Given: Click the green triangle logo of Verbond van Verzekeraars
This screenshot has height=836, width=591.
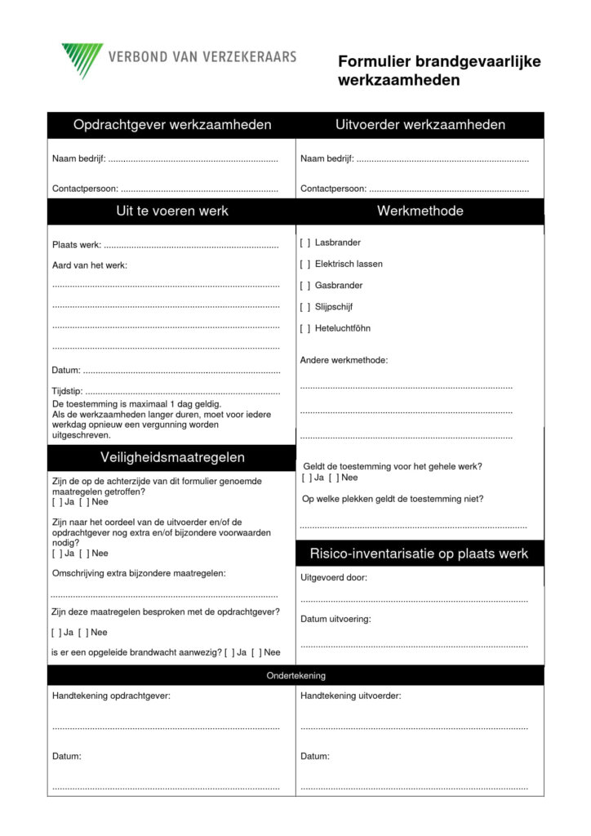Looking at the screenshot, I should pos(81,59).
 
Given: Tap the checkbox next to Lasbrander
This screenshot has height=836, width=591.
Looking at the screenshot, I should pos(304,242).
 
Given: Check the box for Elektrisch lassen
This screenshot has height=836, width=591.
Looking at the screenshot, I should pos(304,264).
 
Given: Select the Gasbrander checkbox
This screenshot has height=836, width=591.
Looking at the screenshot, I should pos(304,285).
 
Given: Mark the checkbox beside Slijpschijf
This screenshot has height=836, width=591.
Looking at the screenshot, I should pos(304,307).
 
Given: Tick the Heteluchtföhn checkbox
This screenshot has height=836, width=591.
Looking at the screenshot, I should pos(304,328).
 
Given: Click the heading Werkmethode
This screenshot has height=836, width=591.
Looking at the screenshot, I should pos(420,211).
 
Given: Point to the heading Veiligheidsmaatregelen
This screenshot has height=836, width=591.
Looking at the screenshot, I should pos(172,457).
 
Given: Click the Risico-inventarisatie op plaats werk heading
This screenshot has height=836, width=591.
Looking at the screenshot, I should pos(419,554).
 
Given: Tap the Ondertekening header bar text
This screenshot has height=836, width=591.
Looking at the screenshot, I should pos(295,675).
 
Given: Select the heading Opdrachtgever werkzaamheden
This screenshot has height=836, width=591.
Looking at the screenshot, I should pos(172,125).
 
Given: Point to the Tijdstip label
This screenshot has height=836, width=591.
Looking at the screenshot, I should pos(67,391).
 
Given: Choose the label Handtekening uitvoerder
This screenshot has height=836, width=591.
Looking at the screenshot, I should pos(350,696).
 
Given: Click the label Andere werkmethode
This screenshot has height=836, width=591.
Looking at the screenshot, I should pos(344,359).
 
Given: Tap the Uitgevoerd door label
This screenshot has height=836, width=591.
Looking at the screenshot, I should pos(334,577).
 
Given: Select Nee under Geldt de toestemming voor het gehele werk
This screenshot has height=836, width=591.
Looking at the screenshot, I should pos(333,478).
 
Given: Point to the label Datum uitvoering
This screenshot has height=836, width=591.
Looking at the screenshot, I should pos(335,619).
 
